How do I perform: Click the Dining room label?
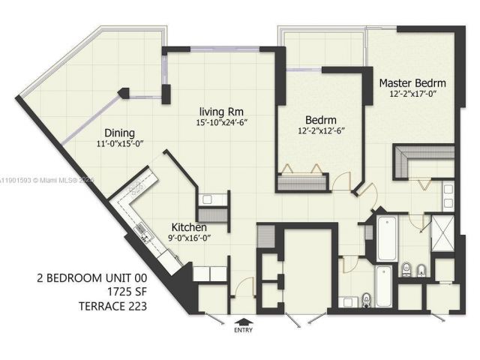pyautogui.click(x=119, y=133)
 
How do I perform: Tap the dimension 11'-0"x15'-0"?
pyautogui.click(x=121, y=144)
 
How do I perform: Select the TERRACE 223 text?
pyautogui.click(x=112, y=305)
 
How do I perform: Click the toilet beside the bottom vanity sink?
pyautogui.click(x=365, y=299)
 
